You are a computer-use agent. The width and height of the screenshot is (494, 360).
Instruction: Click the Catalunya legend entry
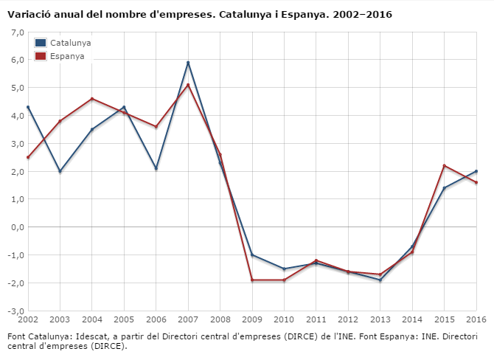click(69, 43)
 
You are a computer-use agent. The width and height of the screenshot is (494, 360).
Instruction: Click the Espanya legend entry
click(66, 56)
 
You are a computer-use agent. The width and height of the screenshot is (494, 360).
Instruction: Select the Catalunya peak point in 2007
click(188, 63)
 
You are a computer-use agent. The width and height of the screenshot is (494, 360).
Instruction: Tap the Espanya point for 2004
click(92, 99)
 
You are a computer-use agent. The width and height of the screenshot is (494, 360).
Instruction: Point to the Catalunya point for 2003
click(60, 171)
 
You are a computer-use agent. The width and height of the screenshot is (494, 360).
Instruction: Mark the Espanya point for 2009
click(252, 280)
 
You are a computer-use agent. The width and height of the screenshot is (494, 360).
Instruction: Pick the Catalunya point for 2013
click(380, 280)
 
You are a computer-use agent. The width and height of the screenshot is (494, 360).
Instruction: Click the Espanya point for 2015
click(444, 165)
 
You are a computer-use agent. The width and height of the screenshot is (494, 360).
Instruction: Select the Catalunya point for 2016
click(476, 171)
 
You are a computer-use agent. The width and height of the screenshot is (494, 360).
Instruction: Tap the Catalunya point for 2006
click(156, 168)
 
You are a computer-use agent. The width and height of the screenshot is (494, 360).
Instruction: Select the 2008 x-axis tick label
click(220, 320)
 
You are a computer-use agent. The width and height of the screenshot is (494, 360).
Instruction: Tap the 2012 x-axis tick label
click(348, 320)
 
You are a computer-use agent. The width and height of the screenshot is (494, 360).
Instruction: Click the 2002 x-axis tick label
click(28, 320)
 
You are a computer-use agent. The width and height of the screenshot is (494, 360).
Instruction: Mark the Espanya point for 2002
click(28, 157)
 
